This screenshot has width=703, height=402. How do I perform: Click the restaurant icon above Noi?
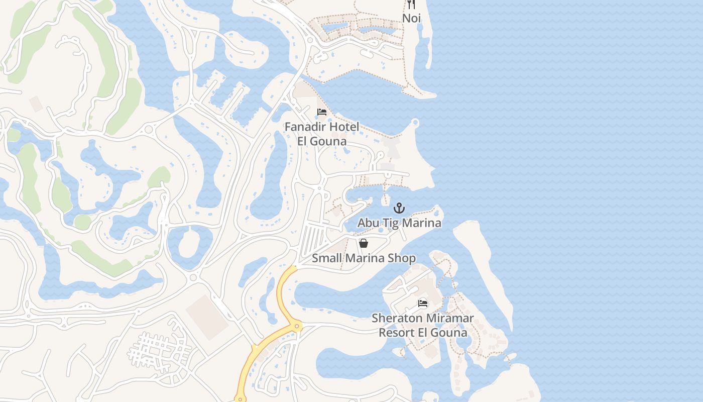pos(411,5)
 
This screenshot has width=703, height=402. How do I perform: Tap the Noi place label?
pos(411,18)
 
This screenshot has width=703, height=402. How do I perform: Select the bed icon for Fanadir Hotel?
pos(322,112)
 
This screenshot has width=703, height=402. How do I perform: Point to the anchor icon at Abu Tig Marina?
pos(399,208)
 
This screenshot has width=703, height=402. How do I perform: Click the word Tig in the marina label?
pos(387,223)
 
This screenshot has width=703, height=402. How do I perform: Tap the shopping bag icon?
pos(364,243)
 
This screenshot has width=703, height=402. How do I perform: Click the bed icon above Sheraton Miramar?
pos(423,304)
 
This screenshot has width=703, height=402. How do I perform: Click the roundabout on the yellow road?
pos(297,327)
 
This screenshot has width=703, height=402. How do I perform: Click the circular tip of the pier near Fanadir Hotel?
pos(415,122)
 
